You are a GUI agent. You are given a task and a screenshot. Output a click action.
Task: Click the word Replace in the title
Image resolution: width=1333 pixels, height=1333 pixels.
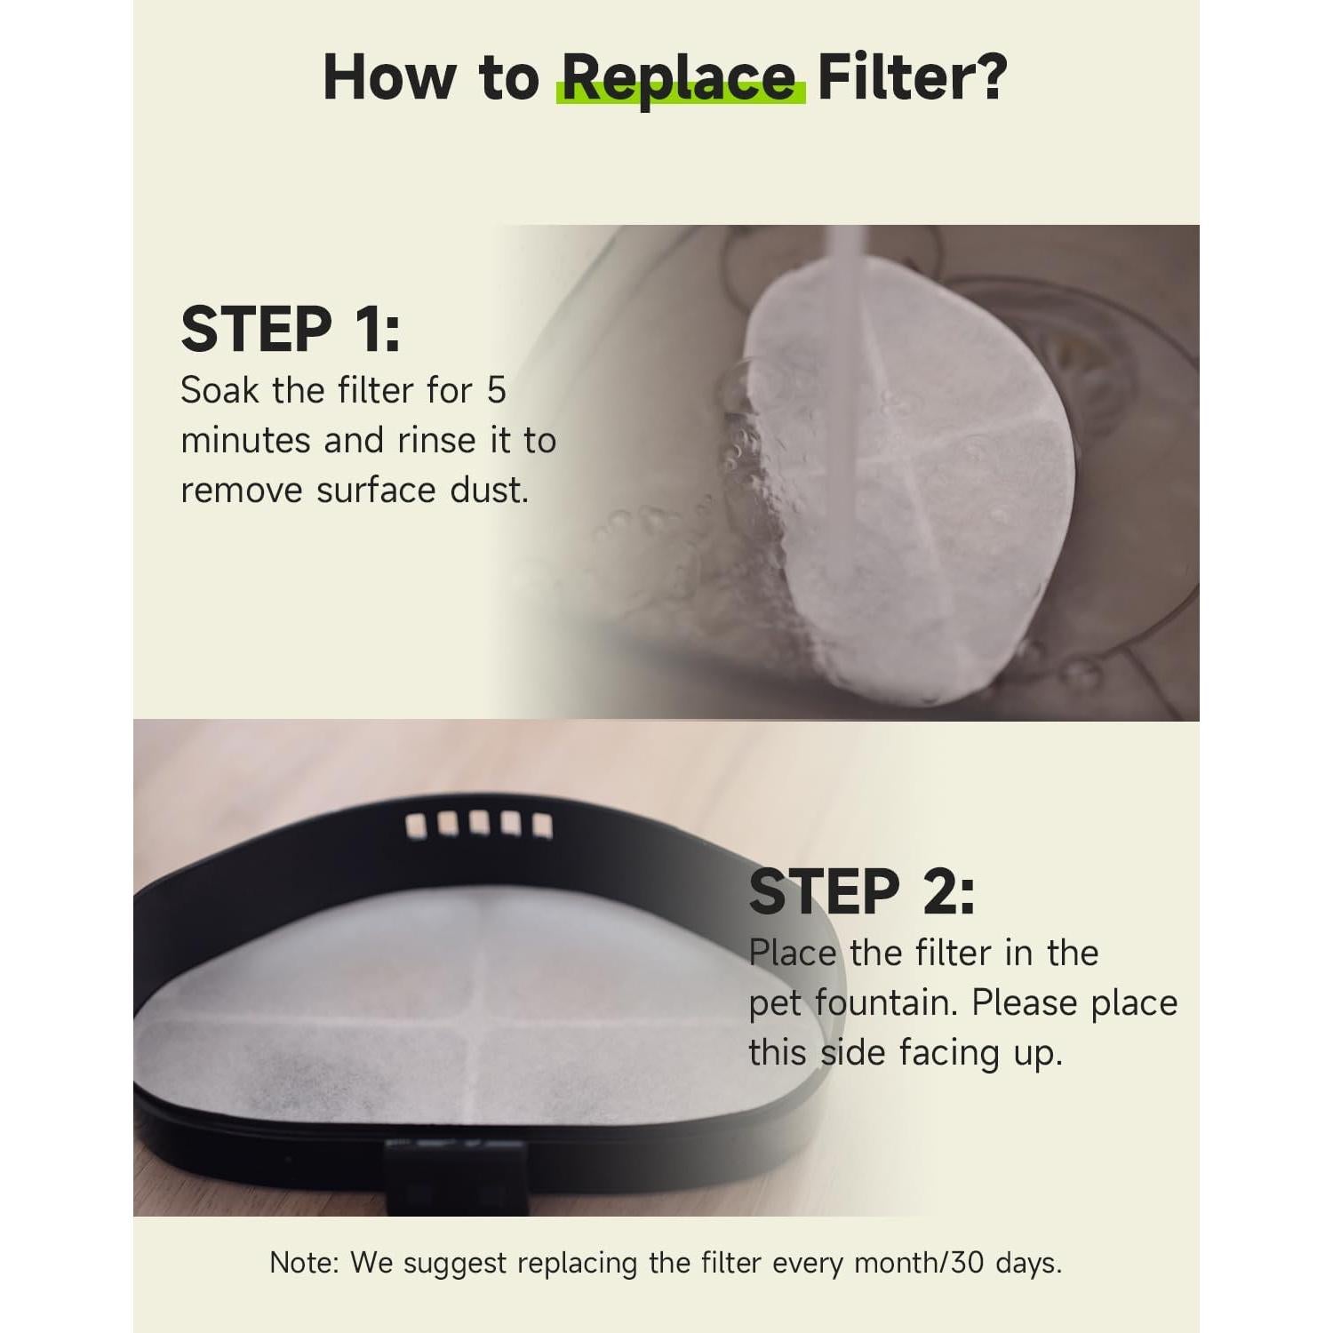pos(679,78)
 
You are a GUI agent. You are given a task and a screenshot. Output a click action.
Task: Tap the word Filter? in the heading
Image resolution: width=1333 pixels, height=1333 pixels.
pos(912,78)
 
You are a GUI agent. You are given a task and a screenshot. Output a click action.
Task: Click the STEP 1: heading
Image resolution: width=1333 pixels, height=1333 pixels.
pos(291,331)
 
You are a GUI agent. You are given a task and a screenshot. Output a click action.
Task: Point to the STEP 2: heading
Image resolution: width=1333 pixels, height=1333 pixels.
pos(861,892)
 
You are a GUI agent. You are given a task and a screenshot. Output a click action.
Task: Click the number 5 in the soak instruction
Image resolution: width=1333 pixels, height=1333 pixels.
pos(496,391)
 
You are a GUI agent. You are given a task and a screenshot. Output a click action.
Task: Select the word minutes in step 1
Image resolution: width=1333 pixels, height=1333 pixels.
pos(245,441)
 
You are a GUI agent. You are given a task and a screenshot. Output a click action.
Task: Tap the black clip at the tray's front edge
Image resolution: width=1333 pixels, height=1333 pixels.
pos(453,1173)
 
